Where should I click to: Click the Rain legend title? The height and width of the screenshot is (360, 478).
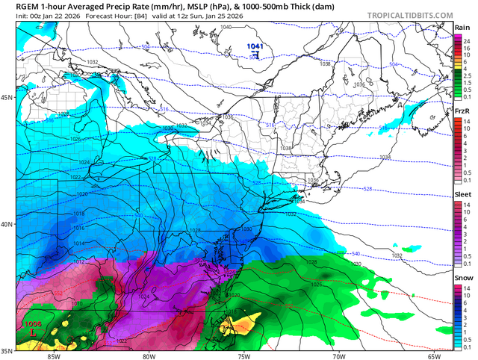click(462, 28)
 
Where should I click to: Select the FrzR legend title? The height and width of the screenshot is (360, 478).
click(462, 111)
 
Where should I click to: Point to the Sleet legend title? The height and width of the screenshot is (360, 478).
click(462, 194)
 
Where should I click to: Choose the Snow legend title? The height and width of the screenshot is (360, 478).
click(462, 277)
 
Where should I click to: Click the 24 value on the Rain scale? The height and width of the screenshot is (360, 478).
click(466, 41)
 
